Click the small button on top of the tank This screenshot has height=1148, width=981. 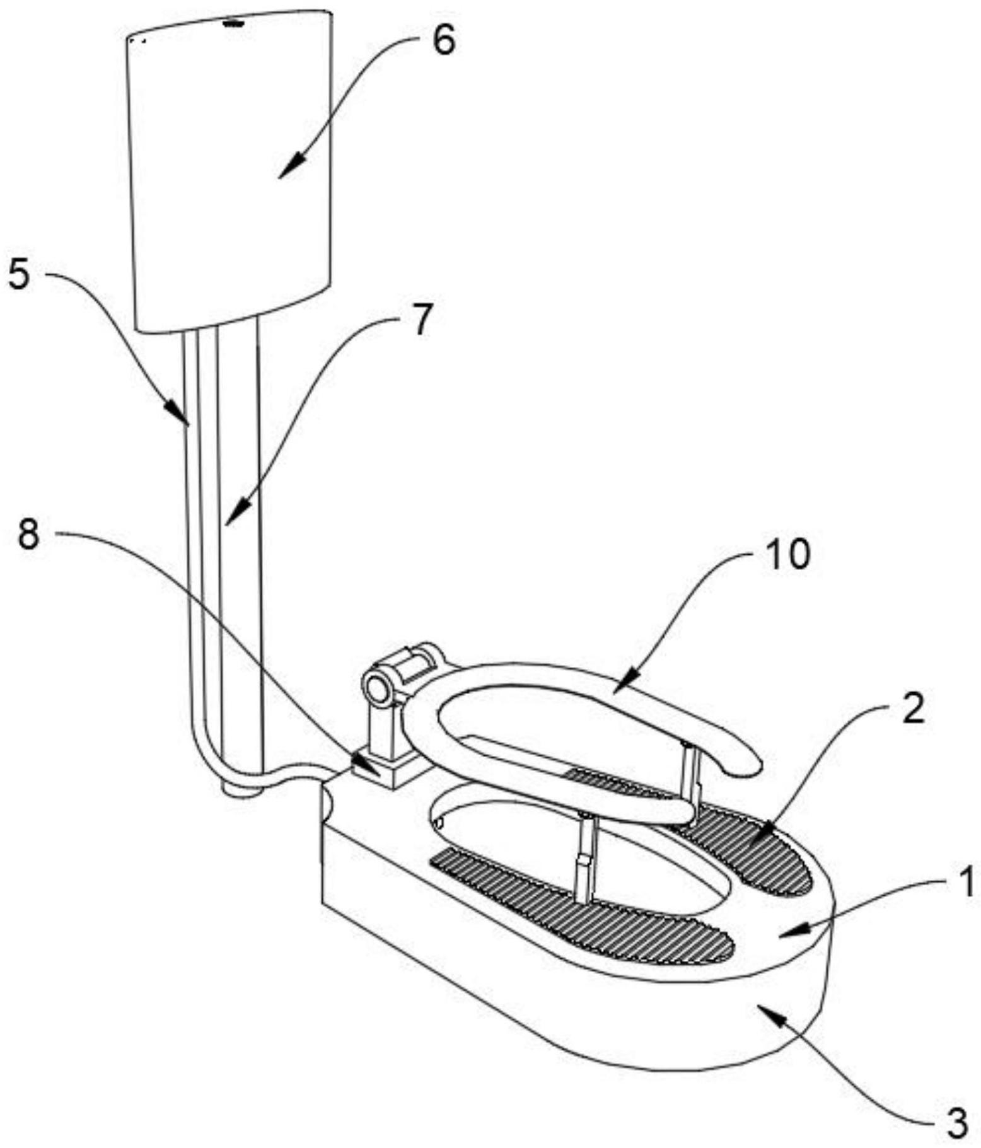pyautogui.click(x=235, y=24)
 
